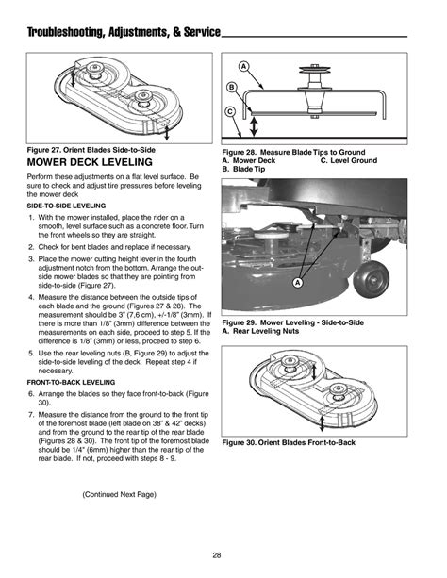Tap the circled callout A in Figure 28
243,67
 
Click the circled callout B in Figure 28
231,88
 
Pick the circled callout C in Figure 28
231,112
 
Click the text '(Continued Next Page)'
120,494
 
